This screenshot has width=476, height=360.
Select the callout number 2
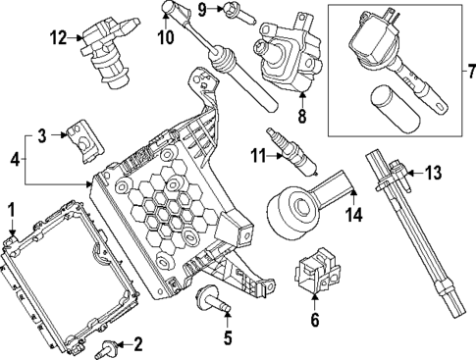[x=137, y=343]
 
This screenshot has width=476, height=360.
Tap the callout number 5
[x=227, y=340]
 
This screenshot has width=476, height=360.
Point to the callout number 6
[x=315, y=319]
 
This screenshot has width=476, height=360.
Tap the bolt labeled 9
[x=238, y=13]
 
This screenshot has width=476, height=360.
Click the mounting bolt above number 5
[x=213, y=298]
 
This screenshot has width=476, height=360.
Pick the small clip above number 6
[x=316, y=274]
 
